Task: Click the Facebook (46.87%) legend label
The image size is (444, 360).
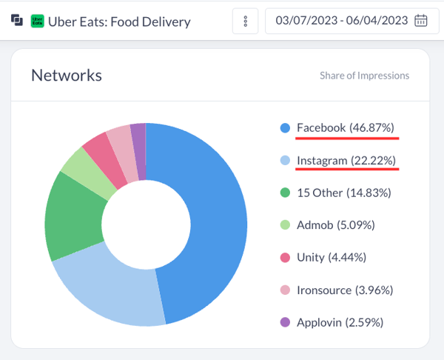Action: (346, 127)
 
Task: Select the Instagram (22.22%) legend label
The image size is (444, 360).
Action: (346, 160)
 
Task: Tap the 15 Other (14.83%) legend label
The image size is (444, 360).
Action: (343, 193)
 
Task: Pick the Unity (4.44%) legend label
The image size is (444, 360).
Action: (331, 257)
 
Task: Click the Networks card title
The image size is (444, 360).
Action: (67, 75)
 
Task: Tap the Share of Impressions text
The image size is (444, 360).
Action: (364, 76)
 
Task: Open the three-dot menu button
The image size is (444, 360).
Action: (245, 21)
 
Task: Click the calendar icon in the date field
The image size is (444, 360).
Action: (421, 21)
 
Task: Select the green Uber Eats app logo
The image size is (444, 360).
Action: (37, 21)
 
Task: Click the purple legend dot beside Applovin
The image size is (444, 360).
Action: (285, 322)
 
